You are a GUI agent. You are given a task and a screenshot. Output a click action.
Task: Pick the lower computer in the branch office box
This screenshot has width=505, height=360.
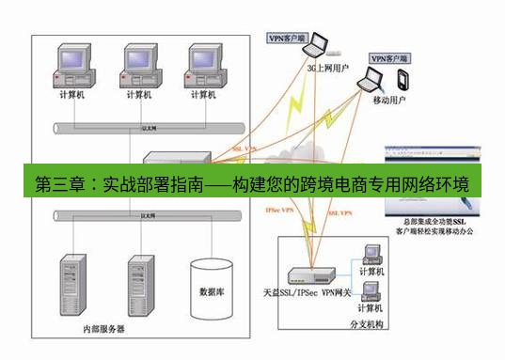pyautogui.click(x=371, y=293)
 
